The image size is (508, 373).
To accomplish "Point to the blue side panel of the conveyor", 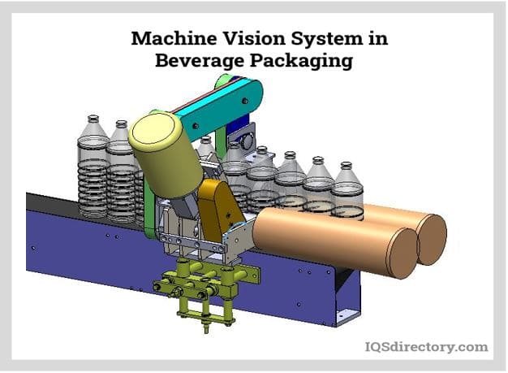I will pyautogui.click(x=81, y=244).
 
